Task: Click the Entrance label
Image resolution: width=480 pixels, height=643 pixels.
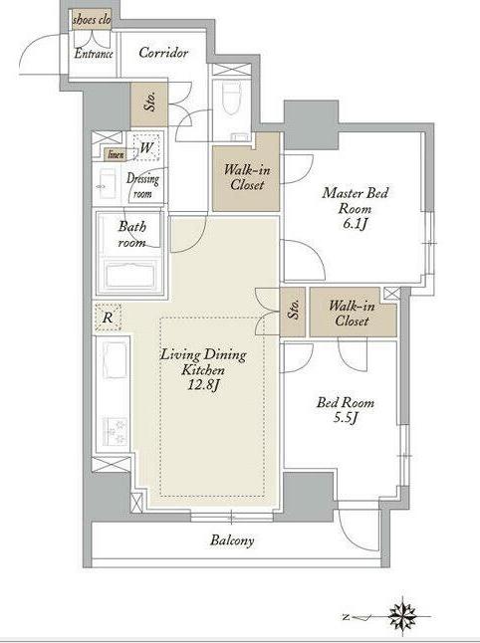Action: (x=94, y=54)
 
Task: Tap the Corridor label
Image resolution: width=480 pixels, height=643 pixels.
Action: (x=163, y=53)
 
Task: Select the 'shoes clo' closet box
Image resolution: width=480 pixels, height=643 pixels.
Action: (x=92, y=20)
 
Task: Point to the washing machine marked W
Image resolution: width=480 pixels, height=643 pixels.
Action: (x=145, y=146)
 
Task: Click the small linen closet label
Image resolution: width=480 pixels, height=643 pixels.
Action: (x=116, y=154)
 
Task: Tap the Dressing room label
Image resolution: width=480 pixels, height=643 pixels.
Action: (x=142, y=186)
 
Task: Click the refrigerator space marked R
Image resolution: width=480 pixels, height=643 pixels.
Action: (x=108, y=317)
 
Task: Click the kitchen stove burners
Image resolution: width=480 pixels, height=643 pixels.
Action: (x=115, y=431)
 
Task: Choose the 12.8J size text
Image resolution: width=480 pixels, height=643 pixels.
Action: (x=204, y=386)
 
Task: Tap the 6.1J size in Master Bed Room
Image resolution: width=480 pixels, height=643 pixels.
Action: (x=355, y=224)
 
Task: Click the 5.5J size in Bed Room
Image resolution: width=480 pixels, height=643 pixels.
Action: (x=346, y=418)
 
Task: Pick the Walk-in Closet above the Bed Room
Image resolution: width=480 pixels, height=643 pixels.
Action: (x=353, y=313)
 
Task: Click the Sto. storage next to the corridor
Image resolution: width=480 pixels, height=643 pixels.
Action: (x=149, y=105)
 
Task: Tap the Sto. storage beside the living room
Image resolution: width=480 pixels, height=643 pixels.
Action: (x=293, y=312)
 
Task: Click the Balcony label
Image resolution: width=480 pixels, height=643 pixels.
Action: (x=232, y=540)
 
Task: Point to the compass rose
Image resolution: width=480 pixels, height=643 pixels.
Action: (x=403, y=616)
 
